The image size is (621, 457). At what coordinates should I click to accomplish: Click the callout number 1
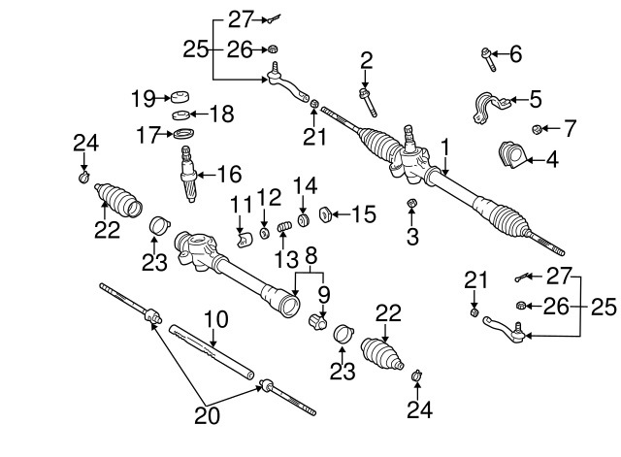click(445, 147)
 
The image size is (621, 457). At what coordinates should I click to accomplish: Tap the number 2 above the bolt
click(366, 60)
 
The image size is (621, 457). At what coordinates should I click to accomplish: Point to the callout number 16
click(229, 175)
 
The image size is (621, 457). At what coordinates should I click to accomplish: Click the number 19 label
click(143, 97)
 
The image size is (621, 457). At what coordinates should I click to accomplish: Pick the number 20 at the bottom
click(206, 416)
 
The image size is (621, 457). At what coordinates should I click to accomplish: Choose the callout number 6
click(515, 54)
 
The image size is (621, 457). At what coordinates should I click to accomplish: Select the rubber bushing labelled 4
click(509, 156)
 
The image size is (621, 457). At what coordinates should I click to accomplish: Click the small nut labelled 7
click(536, 129)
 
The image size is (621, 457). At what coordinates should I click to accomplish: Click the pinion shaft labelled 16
click(189, 172)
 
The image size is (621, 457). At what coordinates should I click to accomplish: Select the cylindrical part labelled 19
click(178, 97)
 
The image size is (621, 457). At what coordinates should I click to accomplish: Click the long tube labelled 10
click(212, 348)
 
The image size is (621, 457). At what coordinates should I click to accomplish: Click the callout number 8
click(310, 256)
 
